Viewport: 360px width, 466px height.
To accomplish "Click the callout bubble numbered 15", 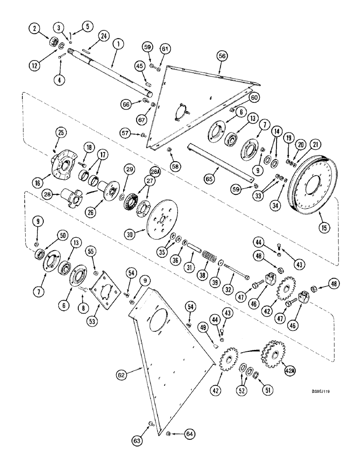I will (322, 228).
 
